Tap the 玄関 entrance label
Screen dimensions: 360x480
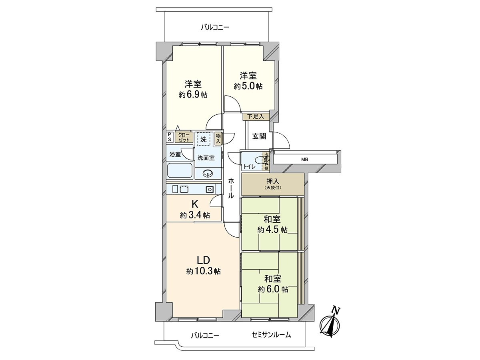[259, 136]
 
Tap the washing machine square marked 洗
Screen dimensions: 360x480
[204, 140]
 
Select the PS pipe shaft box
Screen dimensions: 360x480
[170, 137]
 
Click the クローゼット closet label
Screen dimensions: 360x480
[184, 138]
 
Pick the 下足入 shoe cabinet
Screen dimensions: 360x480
[256, 116]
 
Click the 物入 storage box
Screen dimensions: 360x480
[218, 138]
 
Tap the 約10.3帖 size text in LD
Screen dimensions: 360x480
[203, 272]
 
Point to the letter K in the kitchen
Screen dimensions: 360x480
[194, 204]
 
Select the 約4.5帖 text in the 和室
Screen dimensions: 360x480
[272, 230]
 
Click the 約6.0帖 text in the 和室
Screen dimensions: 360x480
[273, 290]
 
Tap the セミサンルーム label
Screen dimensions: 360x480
[272, 335]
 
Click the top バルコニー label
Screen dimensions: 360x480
[215, 28]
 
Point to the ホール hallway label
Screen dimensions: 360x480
[232, 189]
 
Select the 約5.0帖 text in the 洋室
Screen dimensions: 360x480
[248, 86]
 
